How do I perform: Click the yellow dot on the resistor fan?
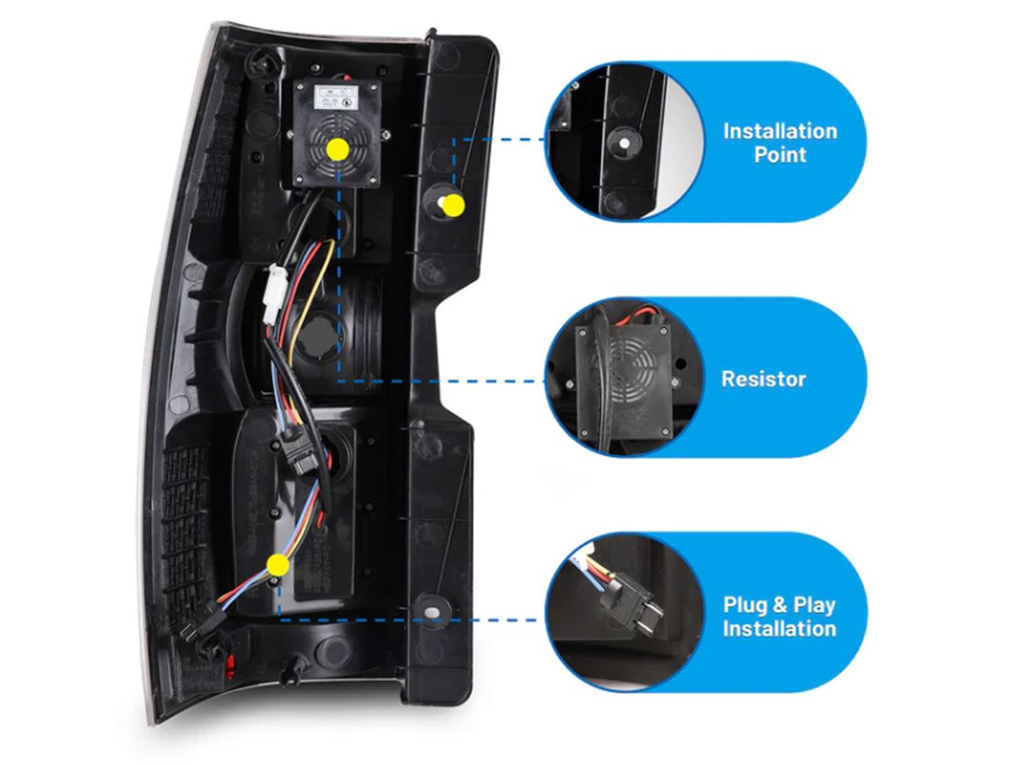(x=338, y=149)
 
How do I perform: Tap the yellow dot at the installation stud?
(x=453, y=204)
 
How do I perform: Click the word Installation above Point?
(x=779, y=131)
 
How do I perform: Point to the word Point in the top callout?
(x=780, y=155)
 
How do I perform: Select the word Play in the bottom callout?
(x=813, y=605)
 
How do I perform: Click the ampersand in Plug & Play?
(x=778, y=605)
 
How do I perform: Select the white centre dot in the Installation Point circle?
(x=624, y=144)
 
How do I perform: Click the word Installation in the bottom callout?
(x=779, y=629)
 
